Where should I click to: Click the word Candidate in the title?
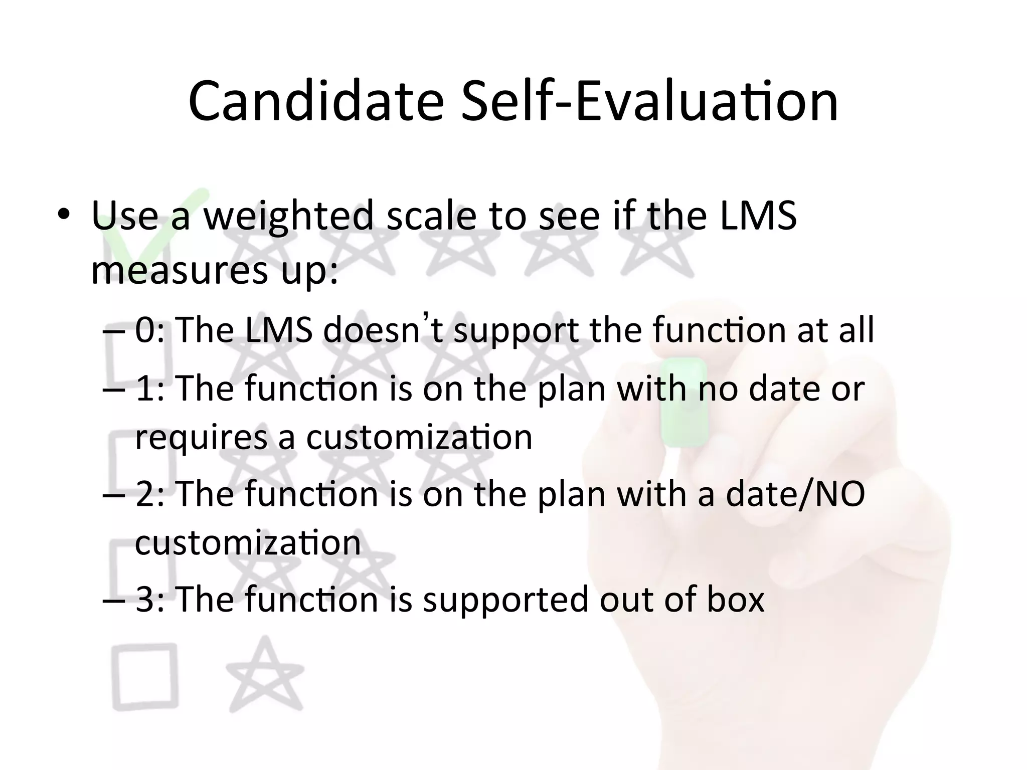316,102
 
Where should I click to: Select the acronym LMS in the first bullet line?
758,216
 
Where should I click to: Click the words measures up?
215,271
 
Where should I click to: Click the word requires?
201,438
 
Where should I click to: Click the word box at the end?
735,600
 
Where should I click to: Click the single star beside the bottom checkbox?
265,677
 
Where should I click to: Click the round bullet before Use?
64,216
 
